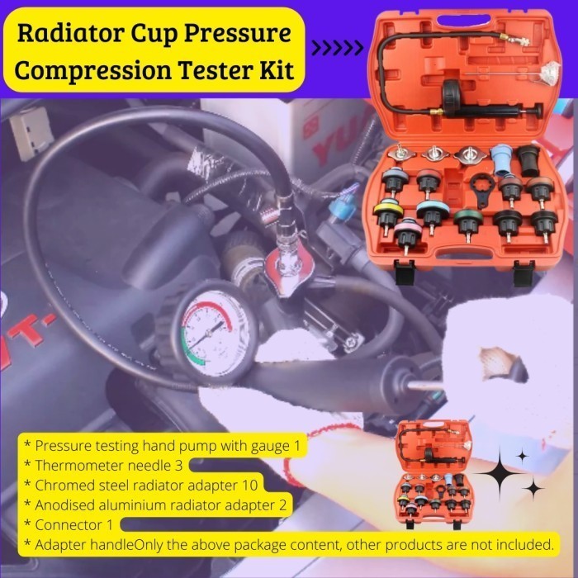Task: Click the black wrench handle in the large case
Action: pos(481,191)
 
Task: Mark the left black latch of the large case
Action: pos(404,272)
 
